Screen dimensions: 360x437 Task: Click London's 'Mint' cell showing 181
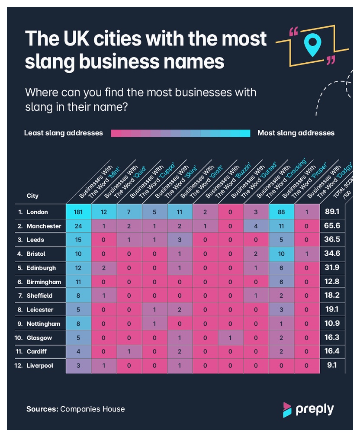78,212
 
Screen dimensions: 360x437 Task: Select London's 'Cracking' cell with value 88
281,212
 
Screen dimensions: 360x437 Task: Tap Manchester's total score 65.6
332,225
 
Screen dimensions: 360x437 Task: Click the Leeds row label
31,240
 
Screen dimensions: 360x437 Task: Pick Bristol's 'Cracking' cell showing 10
281,254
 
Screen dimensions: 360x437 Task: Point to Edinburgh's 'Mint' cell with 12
78,268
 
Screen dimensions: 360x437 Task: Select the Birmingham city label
39,282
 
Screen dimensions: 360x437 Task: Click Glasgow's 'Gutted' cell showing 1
231,338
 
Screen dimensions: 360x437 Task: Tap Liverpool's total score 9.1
332,365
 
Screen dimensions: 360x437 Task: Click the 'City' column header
32,196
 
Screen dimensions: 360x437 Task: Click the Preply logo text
315,409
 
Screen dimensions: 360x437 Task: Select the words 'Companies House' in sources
93,409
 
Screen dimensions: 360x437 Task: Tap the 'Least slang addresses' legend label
64,133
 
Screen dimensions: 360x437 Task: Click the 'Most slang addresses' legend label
296,133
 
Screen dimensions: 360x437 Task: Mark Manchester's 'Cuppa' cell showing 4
256,226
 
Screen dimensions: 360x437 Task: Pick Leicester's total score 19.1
332,309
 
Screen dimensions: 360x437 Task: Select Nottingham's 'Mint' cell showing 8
78,324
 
